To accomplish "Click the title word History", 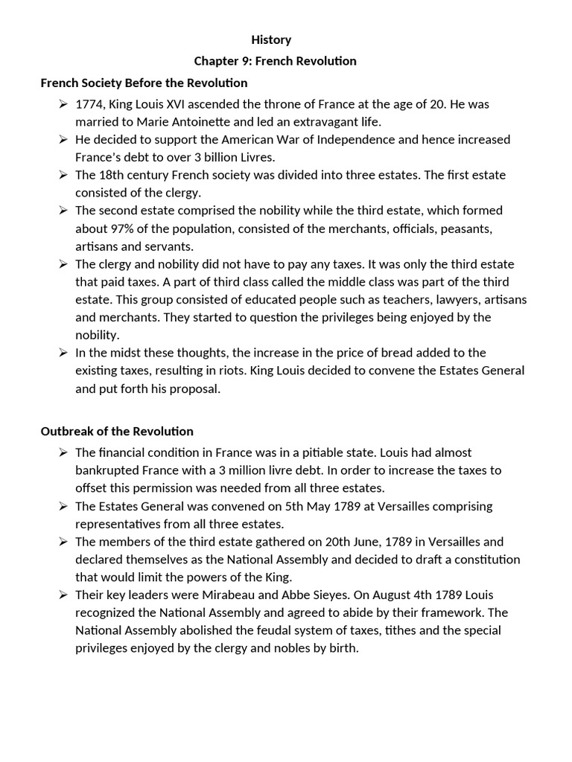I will (270, 39).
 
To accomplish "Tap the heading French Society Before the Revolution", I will (144, 83).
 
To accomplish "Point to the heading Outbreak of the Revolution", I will (117, 431).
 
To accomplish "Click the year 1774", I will (90, 104).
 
